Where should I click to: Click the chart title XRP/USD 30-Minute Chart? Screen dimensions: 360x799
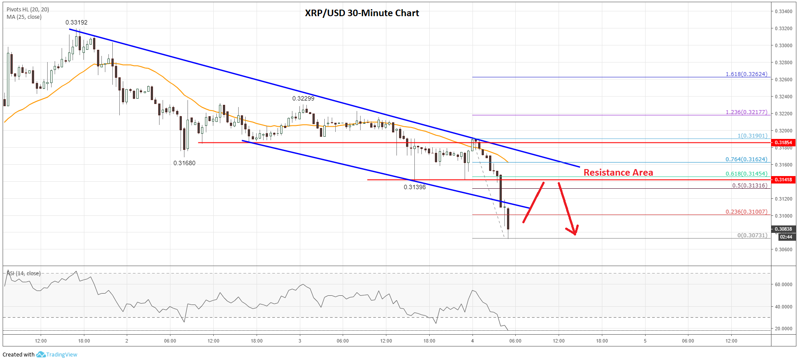(x=361, y=13)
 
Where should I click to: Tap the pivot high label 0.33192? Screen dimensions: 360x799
(x=76, y=22)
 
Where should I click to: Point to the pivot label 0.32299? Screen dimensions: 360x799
(x=303, y=98)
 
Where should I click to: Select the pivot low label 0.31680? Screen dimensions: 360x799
(x=184, y=163)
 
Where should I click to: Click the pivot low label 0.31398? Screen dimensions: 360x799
(x=414, y=187)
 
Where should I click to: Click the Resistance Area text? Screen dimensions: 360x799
(x=618, y=173)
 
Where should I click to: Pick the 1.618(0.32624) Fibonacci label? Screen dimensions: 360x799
(x=746, y=74)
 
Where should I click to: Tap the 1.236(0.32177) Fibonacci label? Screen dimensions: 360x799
(x=746, y=112)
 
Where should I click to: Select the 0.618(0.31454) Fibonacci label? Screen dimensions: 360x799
(x=746, y=173)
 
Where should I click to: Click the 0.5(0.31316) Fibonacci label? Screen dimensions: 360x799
(x=749, y=185)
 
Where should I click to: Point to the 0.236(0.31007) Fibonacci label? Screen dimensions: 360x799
(x=746, y=211)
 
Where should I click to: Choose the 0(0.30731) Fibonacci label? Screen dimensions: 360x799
(x=752, y=235)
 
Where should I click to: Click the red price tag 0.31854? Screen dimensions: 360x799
(x=783, y=142)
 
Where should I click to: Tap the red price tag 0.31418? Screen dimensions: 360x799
(x=783, y=180)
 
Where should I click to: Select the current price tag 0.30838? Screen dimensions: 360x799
(x=783, y=229)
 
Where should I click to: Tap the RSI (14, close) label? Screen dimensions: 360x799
(x=24, y=273)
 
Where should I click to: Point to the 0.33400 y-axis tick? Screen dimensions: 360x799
(x=783, y=11)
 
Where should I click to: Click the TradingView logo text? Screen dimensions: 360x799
(x=62, y=354)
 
